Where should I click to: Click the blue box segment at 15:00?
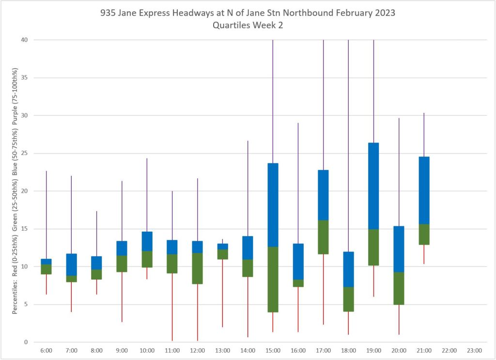tap(273, 205)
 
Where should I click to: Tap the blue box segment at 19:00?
tap(373, 186)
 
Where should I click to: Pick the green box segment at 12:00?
tap(197, 268)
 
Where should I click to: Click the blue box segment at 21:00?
tap(424, 190)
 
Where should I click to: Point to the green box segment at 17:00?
tap(323, 237)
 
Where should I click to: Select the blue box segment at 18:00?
tap(348, 269)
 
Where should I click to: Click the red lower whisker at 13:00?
tap(222, 293)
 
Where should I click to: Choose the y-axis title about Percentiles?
tap(15, 191)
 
